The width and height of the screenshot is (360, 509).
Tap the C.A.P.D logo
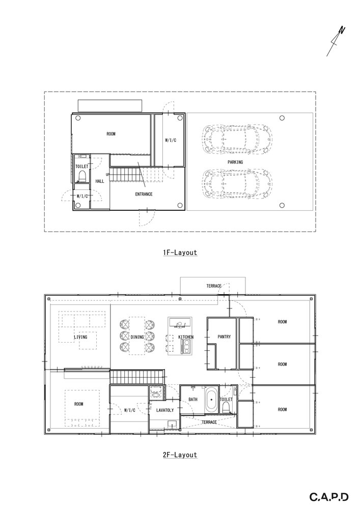tap(329, 497)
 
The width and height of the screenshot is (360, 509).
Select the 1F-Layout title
tap(180, 252)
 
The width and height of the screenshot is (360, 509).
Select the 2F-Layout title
tap(180, 455)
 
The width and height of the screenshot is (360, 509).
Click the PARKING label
tap(235, 162)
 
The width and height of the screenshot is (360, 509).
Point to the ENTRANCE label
tap(144, 194)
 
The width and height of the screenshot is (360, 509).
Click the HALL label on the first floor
tap(100, 181)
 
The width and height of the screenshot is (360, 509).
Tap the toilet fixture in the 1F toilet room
tap(82, 177)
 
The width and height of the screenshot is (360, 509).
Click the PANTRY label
tap(224, 336)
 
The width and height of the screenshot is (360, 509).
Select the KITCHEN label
tap(186, 337)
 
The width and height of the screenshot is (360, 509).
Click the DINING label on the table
tap(137, 337)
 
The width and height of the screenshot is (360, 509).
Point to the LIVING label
tap(80, 337)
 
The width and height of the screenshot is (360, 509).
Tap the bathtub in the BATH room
tap(211, 400)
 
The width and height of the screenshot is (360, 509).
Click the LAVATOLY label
tap(165, 410)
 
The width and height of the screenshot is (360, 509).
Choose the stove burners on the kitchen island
tap(187, 347)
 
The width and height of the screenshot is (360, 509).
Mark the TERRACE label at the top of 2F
tap(214, 286)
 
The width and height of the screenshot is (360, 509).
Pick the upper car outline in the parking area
tap(237, 138)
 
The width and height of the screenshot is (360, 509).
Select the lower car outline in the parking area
tap(237, 184)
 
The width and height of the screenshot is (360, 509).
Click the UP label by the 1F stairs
tap(107, 174)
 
